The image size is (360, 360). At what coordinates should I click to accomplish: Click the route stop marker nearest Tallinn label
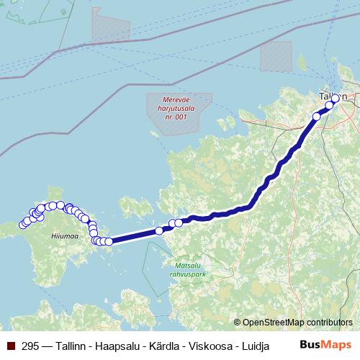point(335,99)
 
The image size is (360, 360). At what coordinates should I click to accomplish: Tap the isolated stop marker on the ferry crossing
point(159,231)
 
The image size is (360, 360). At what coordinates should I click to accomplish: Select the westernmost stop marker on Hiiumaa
point(23,224)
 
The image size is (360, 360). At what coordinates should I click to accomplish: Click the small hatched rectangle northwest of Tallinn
point(276,56)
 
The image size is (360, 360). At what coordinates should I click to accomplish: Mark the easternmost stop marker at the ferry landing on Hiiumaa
point(109,242)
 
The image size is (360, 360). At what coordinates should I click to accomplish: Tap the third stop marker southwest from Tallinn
point(317,116)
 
